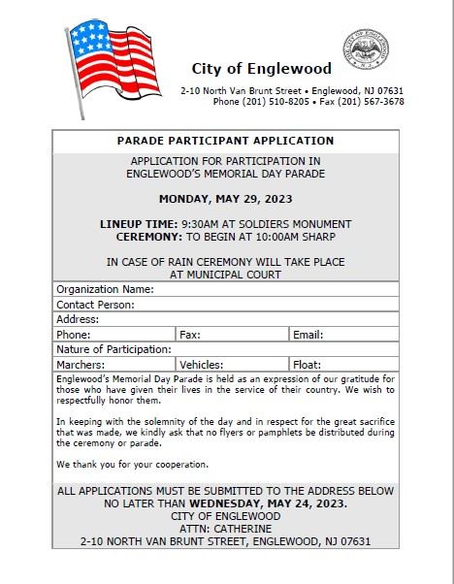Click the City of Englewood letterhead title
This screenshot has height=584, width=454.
262,69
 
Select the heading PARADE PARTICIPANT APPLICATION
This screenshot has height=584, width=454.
225,141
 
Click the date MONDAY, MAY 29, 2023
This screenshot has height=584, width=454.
225,199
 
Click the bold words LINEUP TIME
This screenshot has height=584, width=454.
131,223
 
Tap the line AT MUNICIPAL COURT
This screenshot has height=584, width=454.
225,275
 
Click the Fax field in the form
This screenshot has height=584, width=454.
243,334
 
